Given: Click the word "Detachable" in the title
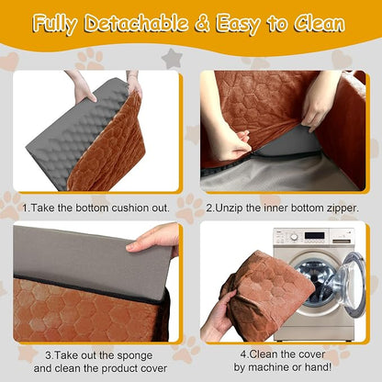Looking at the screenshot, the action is pyautogui.click(x=136, y=23).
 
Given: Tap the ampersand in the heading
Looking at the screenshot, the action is pyautogui.click(x=202, y=23).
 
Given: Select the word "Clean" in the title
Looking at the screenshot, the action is pyautogui.click(x=320, y=23).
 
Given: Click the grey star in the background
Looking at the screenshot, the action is pyautogui.click(x=173, y=59).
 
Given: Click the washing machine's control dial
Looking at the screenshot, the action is pyautogui.click(x=294, y=237).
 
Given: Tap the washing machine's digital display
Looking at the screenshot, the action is pyautogui.click(x=314, y=236).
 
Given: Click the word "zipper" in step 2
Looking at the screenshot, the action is pyautogui.click(x=342, y=208).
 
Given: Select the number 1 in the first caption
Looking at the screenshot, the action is pyautogui.click(x=25, y=208).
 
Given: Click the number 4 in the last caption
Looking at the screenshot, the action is pyautogui.click(x=243, y=354).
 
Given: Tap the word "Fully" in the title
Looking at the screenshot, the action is pyautogui.click(x=55, y=25).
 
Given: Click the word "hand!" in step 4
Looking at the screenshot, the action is pyautogui.click(x=320, y=367).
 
